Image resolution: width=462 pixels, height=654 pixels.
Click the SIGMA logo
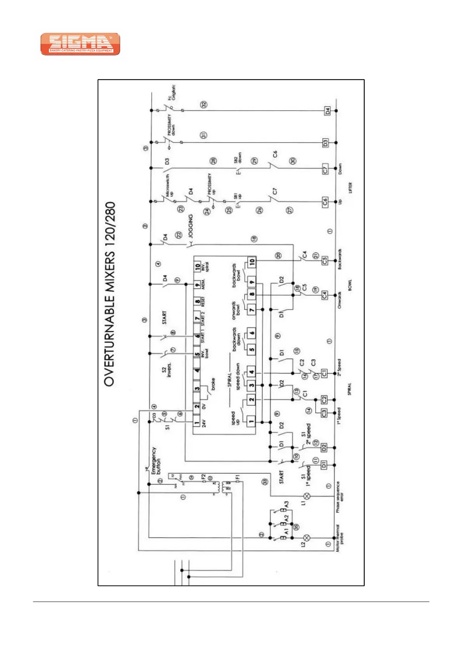(80, 44)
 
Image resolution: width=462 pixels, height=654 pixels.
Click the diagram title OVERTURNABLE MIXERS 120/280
(110, 294)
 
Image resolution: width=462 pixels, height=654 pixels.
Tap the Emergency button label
(156, 461)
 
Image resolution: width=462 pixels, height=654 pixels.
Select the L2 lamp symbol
(307, 538)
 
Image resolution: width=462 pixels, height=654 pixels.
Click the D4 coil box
(327, 111)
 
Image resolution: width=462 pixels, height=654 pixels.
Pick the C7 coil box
(325, 169)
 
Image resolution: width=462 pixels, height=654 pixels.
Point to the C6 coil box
(325, 202)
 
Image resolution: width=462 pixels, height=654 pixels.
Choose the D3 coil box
(325, 143)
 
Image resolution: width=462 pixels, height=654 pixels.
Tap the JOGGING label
(191, 226)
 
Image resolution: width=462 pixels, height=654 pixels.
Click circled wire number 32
(204, 104)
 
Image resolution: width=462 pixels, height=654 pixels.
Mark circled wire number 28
(213, 161)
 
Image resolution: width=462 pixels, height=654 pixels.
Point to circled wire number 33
(265, 482)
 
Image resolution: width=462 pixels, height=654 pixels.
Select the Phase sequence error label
(339, 497)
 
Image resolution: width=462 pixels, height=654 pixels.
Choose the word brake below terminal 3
(213, 384)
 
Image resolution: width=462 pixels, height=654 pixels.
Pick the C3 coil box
(324, 413)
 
